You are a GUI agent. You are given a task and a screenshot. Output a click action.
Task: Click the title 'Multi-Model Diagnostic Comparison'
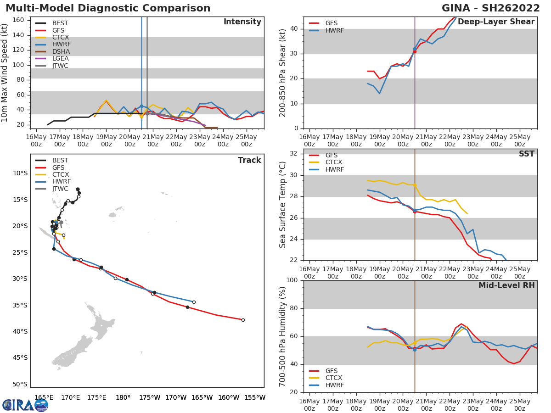pyautogui.click(x=108, y=8)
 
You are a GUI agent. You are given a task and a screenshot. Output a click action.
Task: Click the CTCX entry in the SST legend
pyautogui.click(x=334, y=162)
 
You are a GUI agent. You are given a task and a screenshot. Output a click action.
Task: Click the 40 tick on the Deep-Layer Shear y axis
pyautogui.click(x=295, y=29)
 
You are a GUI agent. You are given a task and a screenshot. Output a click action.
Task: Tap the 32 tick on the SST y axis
pyautogui.click(x=295, y=154)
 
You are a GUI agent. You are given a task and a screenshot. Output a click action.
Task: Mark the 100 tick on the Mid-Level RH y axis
pyautogui.click(x=292, y=280)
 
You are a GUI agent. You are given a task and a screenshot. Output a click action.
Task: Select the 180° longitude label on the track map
pyautogui.click(x=123, y=398)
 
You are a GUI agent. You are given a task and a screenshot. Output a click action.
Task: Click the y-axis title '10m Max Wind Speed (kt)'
pyautogui.click(x=5, y=73)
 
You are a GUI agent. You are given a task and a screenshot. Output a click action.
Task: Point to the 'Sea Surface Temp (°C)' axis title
pyautogui.click(x=283, y=205)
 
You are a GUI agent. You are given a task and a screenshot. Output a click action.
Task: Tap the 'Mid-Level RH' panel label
pyautogui.click(x=506, y=285)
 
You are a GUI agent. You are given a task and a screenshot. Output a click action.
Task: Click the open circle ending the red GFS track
pyautogui.click(x=243, y=320)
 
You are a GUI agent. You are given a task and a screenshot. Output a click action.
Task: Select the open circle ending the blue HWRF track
pyautogui.click(x=194, y=302)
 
